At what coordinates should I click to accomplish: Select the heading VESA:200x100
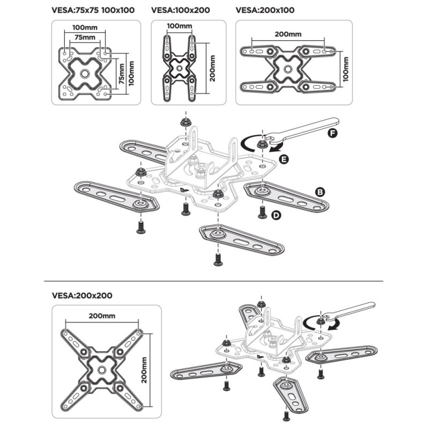265,10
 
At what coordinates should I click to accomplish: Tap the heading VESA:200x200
82,295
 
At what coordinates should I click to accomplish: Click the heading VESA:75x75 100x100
93,10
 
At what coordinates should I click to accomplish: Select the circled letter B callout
319,191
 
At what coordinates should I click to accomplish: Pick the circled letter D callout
276,215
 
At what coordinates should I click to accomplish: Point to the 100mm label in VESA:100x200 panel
179,26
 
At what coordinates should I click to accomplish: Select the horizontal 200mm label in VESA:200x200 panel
102,316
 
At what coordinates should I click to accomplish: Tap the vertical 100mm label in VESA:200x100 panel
346,68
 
